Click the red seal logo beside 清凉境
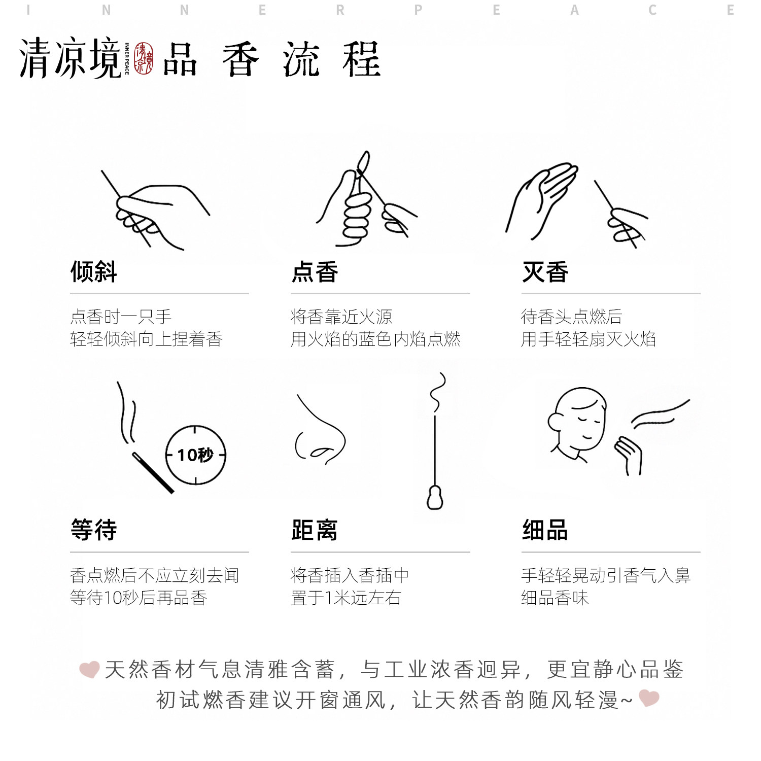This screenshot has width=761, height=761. (x=144, y=59)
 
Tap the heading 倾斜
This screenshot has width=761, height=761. (x=94, y=272)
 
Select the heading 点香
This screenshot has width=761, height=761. (x=315, y=272)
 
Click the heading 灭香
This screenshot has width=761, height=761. (x=545, y=272)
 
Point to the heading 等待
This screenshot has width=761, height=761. (x=94, y=530)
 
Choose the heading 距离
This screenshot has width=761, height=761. (x=315, y=530)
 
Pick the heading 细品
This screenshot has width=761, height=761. (x=545, y=530)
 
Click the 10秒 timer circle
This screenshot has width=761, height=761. (x=196, y=455)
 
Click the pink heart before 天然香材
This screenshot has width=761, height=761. (x=90, y=669)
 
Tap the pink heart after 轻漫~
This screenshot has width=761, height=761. (x=649, y=698)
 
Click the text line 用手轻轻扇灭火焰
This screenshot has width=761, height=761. (x=589, y=339)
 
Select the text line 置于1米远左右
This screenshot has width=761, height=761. (x=346, y=598)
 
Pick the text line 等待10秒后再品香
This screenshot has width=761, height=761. (x=139, y=598)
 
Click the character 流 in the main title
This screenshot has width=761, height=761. (x=301, y=60)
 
